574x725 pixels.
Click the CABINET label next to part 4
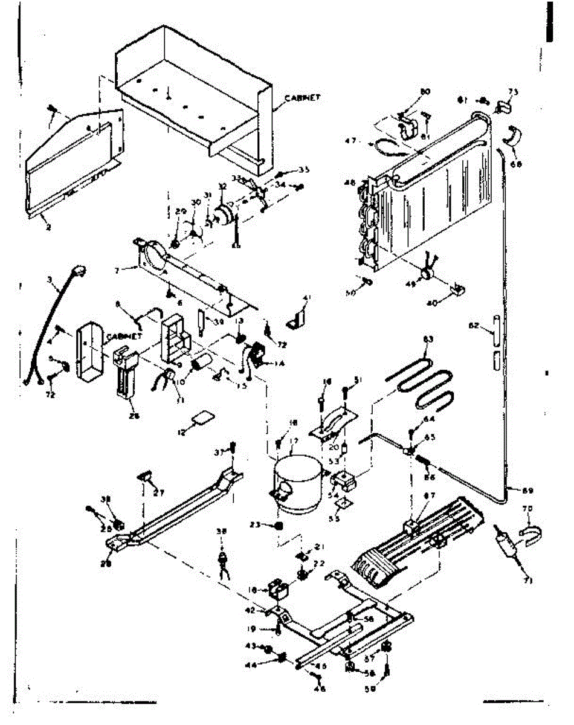124,336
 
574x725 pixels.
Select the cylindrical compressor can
297,480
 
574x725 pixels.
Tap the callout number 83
428,340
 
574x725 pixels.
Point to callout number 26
133,415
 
